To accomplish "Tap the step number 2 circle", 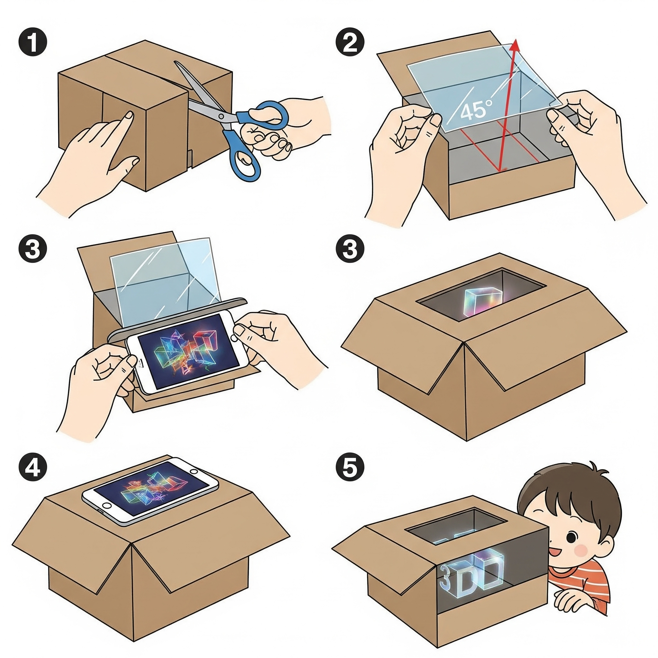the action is [350, 44].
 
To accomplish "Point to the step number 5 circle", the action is [350, 467].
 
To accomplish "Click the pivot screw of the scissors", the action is [222, 116].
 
